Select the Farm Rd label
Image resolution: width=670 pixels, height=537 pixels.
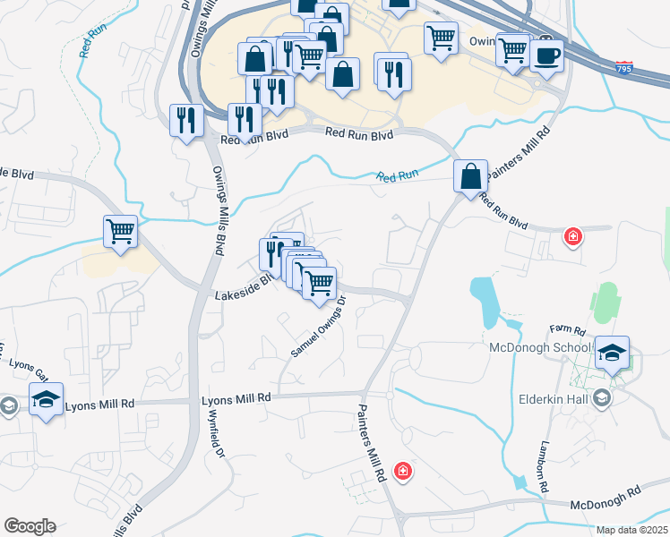(x=566, y=328)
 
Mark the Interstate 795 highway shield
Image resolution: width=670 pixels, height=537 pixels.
(x=623, y=67)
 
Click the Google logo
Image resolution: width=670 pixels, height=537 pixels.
(x=30, y=525)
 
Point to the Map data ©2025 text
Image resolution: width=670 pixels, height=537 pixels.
(x=632, y=530)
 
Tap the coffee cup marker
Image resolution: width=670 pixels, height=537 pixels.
(x=546, y=56)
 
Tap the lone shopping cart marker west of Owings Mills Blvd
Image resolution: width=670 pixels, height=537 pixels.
(x=120, y=232)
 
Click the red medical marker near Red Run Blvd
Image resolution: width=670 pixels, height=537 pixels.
(x=571, y=237)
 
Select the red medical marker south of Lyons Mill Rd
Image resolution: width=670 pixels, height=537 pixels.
(x=403, y=470)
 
